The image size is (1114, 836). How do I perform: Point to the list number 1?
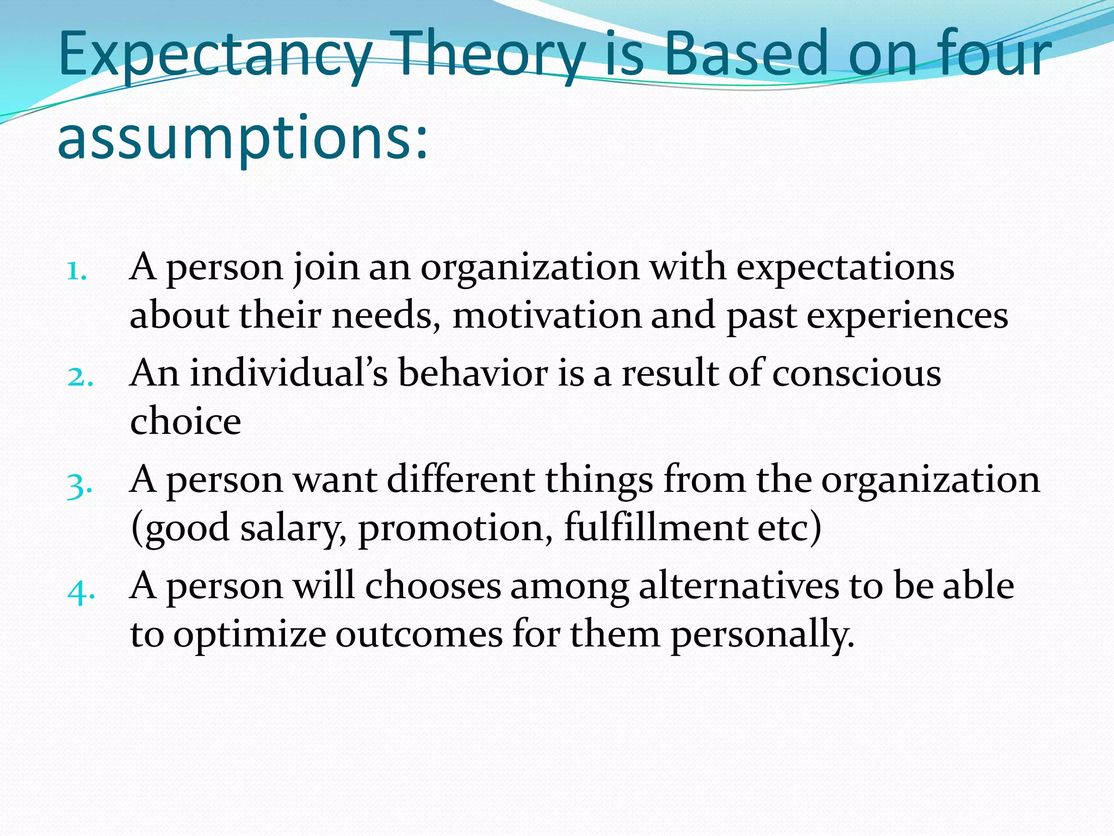pos(76,271)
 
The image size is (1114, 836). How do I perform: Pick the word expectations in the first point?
pos(845,268)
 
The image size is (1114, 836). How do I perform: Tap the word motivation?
pos(547,316)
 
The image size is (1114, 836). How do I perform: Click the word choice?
pos(185,421)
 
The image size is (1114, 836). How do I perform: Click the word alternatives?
pos(739,586)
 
